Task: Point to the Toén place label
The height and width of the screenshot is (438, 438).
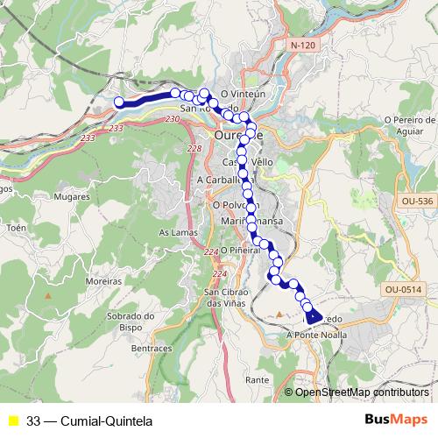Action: (17, 226)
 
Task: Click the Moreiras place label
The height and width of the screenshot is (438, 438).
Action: (104, 283)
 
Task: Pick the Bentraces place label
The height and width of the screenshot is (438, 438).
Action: (151, 348)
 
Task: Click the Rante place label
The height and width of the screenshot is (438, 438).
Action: (257, 379)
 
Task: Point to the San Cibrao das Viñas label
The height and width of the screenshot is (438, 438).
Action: (224, 297)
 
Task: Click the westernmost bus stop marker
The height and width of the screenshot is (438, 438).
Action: (120, 102)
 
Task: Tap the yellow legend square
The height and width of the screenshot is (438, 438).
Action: (13, 420)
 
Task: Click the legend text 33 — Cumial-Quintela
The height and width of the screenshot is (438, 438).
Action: (89, 420)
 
